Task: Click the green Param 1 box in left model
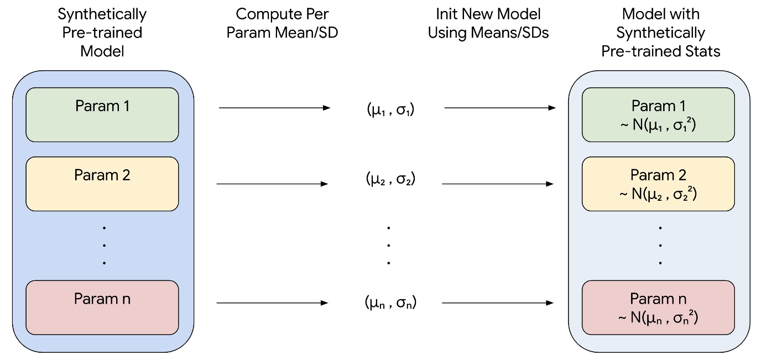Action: (x=102, y=115)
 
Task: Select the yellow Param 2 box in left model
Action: (x=102, y=184)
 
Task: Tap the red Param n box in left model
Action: (x=102, y=307)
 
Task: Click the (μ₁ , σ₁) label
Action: (x=390, y=109)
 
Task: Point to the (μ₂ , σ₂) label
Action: (x=390, y=179)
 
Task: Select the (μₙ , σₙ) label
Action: (x=390, y=302)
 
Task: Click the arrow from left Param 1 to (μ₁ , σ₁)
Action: (x=274, y=108)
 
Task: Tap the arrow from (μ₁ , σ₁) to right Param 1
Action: (x=500, y=108)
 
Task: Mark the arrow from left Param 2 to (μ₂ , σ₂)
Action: (x=272, y=184)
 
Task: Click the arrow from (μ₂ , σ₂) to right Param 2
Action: (x=498, y=184)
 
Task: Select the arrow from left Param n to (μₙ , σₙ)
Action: (x=272, y=302)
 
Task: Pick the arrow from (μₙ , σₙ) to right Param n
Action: (x=498, y=302)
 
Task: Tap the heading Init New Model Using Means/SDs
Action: (x=488, y=23)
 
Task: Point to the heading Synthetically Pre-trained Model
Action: (x=102, y=33)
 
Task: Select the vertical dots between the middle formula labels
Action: (x=389, y=245)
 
